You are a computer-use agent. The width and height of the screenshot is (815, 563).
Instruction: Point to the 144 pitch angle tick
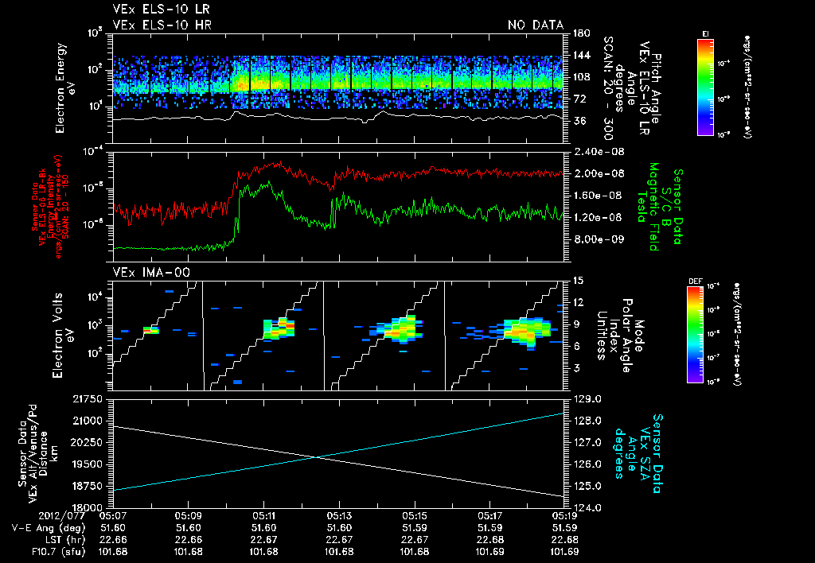(x=579, y=55)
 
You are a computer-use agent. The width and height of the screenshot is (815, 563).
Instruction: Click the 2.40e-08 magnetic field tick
(x=594, y=152)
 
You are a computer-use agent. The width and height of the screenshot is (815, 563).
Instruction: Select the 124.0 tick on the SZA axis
(x=587, y=507)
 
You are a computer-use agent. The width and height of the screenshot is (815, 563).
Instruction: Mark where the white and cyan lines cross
(x=317, y=456)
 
